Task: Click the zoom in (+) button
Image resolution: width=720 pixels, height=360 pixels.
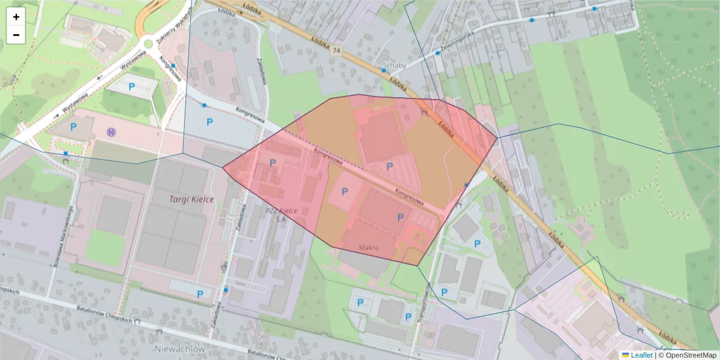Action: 16,17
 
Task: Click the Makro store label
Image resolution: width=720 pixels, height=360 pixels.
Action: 369,247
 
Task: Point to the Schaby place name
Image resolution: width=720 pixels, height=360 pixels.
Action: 394,65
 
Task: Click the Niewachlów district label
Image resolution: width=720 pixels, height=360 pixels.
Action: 180,349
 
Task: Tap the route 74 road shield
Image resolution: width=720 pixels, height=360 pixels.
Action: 335,52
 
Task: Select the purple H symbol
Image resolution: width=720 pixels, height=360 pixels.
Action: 111,131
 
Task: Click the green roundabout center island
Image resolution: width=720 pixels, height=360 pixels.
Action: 148,43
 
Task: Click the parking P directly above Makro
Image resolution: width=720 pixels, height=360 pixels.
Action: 400,217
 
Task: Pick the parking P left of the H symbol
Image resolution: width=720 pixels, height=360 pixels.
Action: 74,127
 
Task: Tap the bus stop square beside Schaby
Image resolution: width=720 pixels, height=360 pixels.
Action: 383,70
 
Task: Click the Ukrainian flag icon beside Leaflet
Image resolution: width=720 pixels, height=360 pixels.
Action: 625,355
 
